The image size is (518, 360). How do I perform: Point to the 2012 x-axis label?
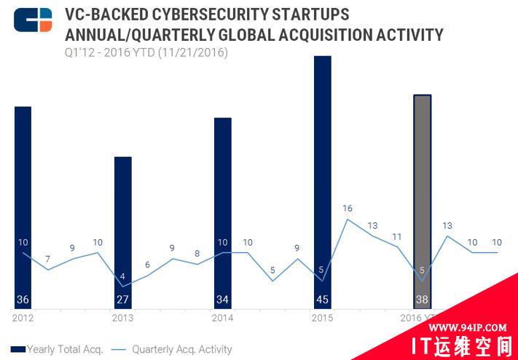point(23,318)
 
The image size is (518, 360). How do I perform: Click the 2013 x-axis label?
point(122,318)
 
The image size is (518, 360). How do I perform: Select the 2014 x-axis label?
point(221,318)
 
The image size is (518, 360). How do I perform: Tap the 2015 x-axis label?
point(321,318)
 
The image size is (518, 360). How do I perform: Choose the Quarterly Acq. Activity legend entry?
point(173,349)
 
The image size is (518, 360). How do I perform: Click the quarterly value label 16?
point(348,209)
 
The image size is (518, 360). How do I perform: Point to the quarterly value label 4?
point(122,276)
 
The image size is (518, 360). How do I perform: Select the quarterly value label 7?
point(47,259)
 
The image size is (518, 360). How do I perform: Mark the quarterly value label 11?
point(397,237)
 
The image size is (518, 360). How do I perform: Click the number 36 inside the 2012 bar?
point(23,300)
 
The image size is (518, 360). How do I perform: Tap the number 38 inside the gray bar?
point(423,300)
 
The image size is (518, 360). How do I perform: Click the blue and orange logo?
point(33,20)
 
